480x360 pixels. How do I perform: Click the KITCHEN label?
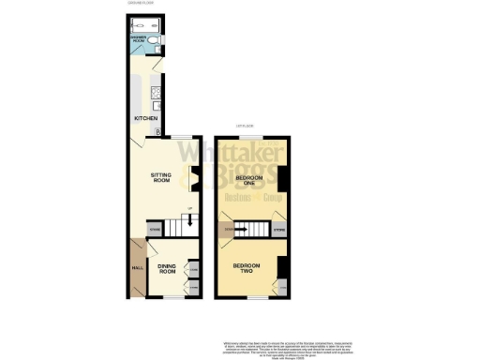[x=144, y=119]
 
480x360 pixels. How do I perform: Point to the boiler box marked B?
[x=157, y=128]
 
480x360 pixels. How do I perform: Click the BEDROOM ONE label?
[x=247, y=181]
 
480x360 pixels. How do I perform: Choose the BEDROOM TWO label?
[x=247, y=267]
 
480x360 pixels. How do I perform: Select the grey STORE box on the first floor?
[x=277, y=228]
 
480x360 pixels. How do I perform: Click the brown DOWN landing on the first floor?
[x=225, y=228]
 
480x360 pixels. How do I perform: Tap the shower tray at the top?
[x=150, y=25]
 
